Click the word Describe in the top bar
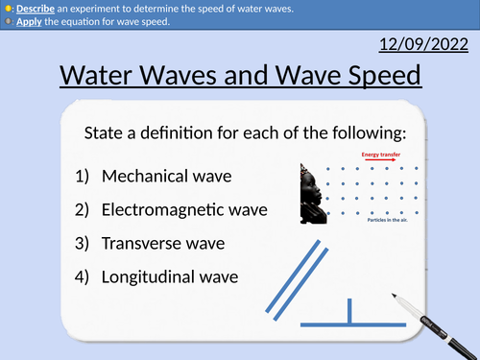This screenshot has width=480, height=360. pos(33,8)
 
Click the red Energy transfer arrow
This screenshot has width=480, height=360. pos(379,162)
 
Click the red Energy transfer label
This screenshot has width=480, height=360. pos(381,155)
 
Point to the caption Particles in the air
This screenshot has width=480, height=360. pos(388,220)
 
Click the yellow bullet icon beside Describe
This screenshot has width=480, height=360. pos(7,8)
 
